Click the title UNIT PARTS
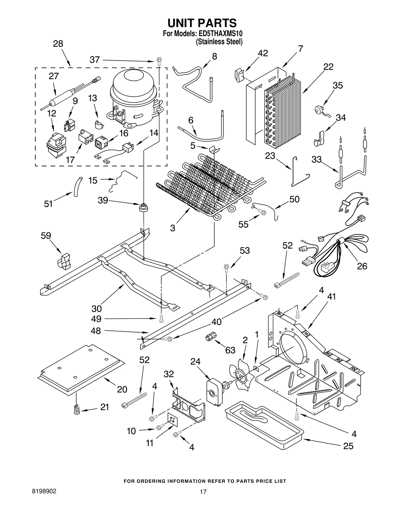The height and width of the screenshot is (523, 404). [x=202, y=23]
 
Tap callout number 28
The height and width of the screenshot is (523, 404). [x=58, y=44]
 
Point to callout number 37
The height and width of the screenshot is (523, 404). [x=95, y=60]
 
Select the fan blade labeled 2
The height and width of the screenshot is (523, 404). [x=240, y=377]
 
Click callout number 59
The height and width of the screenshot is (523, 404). [x=46, y=236]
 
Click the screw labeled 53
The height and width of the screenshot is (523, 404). [x=226, y=268]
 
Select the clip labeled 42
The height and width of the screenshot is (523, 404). [x=239, y=75]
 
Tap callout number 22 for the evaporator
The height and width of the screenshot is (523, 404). [x=328, y=67]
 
